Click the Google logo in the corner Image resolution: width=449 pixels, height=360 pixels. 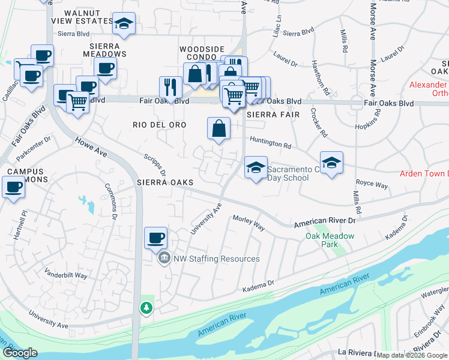[20, 353]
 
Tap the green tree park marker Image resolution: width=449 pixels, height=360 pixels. [146, 307]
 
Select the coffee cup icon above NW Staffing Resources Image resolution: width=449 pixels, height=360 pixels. [155, 238]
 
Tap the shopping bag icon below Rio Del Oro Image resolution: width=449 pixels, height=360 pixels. [218, 128]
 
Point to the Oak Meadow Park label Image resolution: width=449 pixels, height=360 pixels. [330, 236]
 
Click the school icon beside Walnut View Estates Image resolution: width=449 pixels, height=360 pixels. [124, 23]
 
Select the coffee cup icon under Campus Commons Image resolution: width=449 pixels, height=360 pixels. [13, 187]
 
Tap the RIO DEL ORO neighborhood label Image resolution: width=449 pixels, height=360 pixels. [159, 124]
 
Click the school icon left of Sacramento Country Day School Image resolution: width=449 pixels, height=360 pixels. [256, 167]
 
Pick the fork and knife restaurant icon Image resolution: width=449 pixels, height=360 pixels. [170, 88]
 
